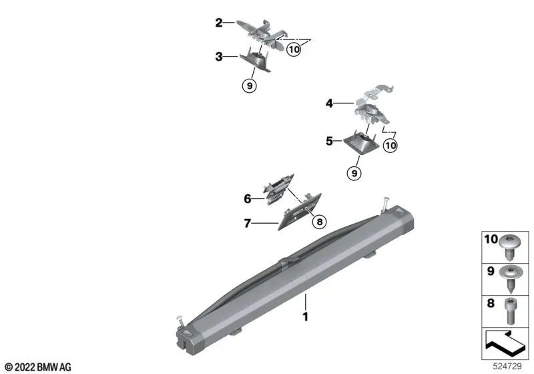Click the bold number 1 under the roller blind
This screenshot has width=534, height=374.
click(306, 317)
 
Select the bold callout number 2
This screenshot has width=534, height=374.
click(219, 23)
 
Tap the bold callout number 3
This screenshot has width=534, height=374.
click(219, 57)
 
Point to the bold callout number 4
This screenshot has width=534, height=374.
click(329, 103)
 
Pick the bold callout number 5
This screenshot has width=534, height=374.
click(329, 141)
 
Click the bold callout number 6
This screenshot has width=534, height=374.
click(248, 198)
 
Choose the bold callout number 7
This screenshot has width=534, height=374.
click(247, 224)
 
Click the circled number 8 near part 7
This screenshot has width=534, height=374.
click(320, 222)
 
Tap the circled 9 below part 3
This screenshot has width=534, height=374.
click(250, 86)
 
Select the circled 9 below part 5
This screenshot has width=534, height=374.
click(354, 174)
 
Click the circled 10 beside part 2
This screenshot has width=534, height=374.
click(294, 49)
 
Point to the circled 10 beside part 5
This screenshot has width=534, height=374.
click(390, 146)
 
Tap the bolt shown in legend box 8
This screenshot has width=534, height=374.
click(510, 311)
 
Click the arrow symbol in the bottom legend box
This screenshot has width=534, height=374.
click(503, 342)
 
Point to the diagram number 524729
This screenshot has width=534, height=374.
click(507, 367)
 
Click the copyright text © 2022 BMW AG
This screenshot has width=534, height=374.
click(38, 367)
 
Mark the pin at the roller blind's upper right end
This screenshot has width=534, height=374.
click(386, 206)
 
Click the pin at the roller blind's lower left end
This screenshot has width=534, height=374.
click(180, 321)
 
